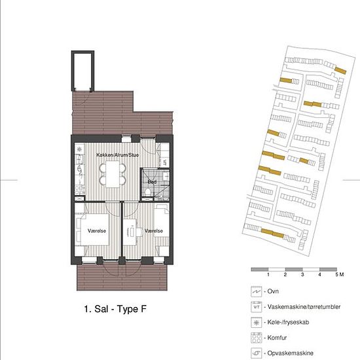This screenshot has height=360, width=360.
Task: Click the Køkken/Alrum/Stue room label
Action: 117,155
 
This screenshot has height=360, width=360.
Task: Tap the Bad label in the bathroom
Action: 152,182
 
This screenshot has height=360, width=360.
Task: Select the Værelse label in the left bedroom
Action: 97,231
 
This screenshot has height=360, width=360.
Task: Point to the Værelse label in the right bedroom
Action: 154,231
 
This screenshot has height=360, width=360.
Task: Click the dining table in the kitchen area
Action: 113,174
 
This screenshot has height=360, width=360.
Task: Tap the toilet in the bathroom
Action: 148,192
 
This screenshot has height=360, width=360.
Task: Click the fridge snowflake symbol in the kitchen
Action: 79,149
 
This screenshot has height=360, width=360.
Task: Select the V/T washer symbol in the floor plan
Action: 164,162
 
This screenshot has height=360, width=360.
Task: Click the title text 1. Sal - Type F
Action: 115,309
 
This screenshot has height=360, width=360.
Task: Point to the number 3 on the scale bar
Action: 302,274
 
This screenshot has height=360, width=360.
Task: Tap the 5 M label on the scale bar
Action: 340,274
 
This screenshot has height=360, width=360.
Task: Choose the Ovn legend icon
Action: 256,291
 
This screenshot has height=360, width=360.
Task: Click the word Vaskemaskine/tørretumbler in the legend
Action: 304,307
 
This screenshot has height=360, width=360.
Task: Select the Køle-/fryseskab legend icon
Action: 256,323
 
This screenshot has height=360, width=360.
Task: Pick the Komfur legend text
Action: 277,338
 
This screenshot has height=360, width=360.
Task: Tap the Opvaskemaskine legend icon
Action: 256,353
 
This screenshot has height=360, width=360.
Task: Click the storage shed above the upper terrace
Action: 83,71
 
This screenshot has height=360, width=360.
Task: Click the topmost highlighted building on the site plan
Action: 340,70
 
